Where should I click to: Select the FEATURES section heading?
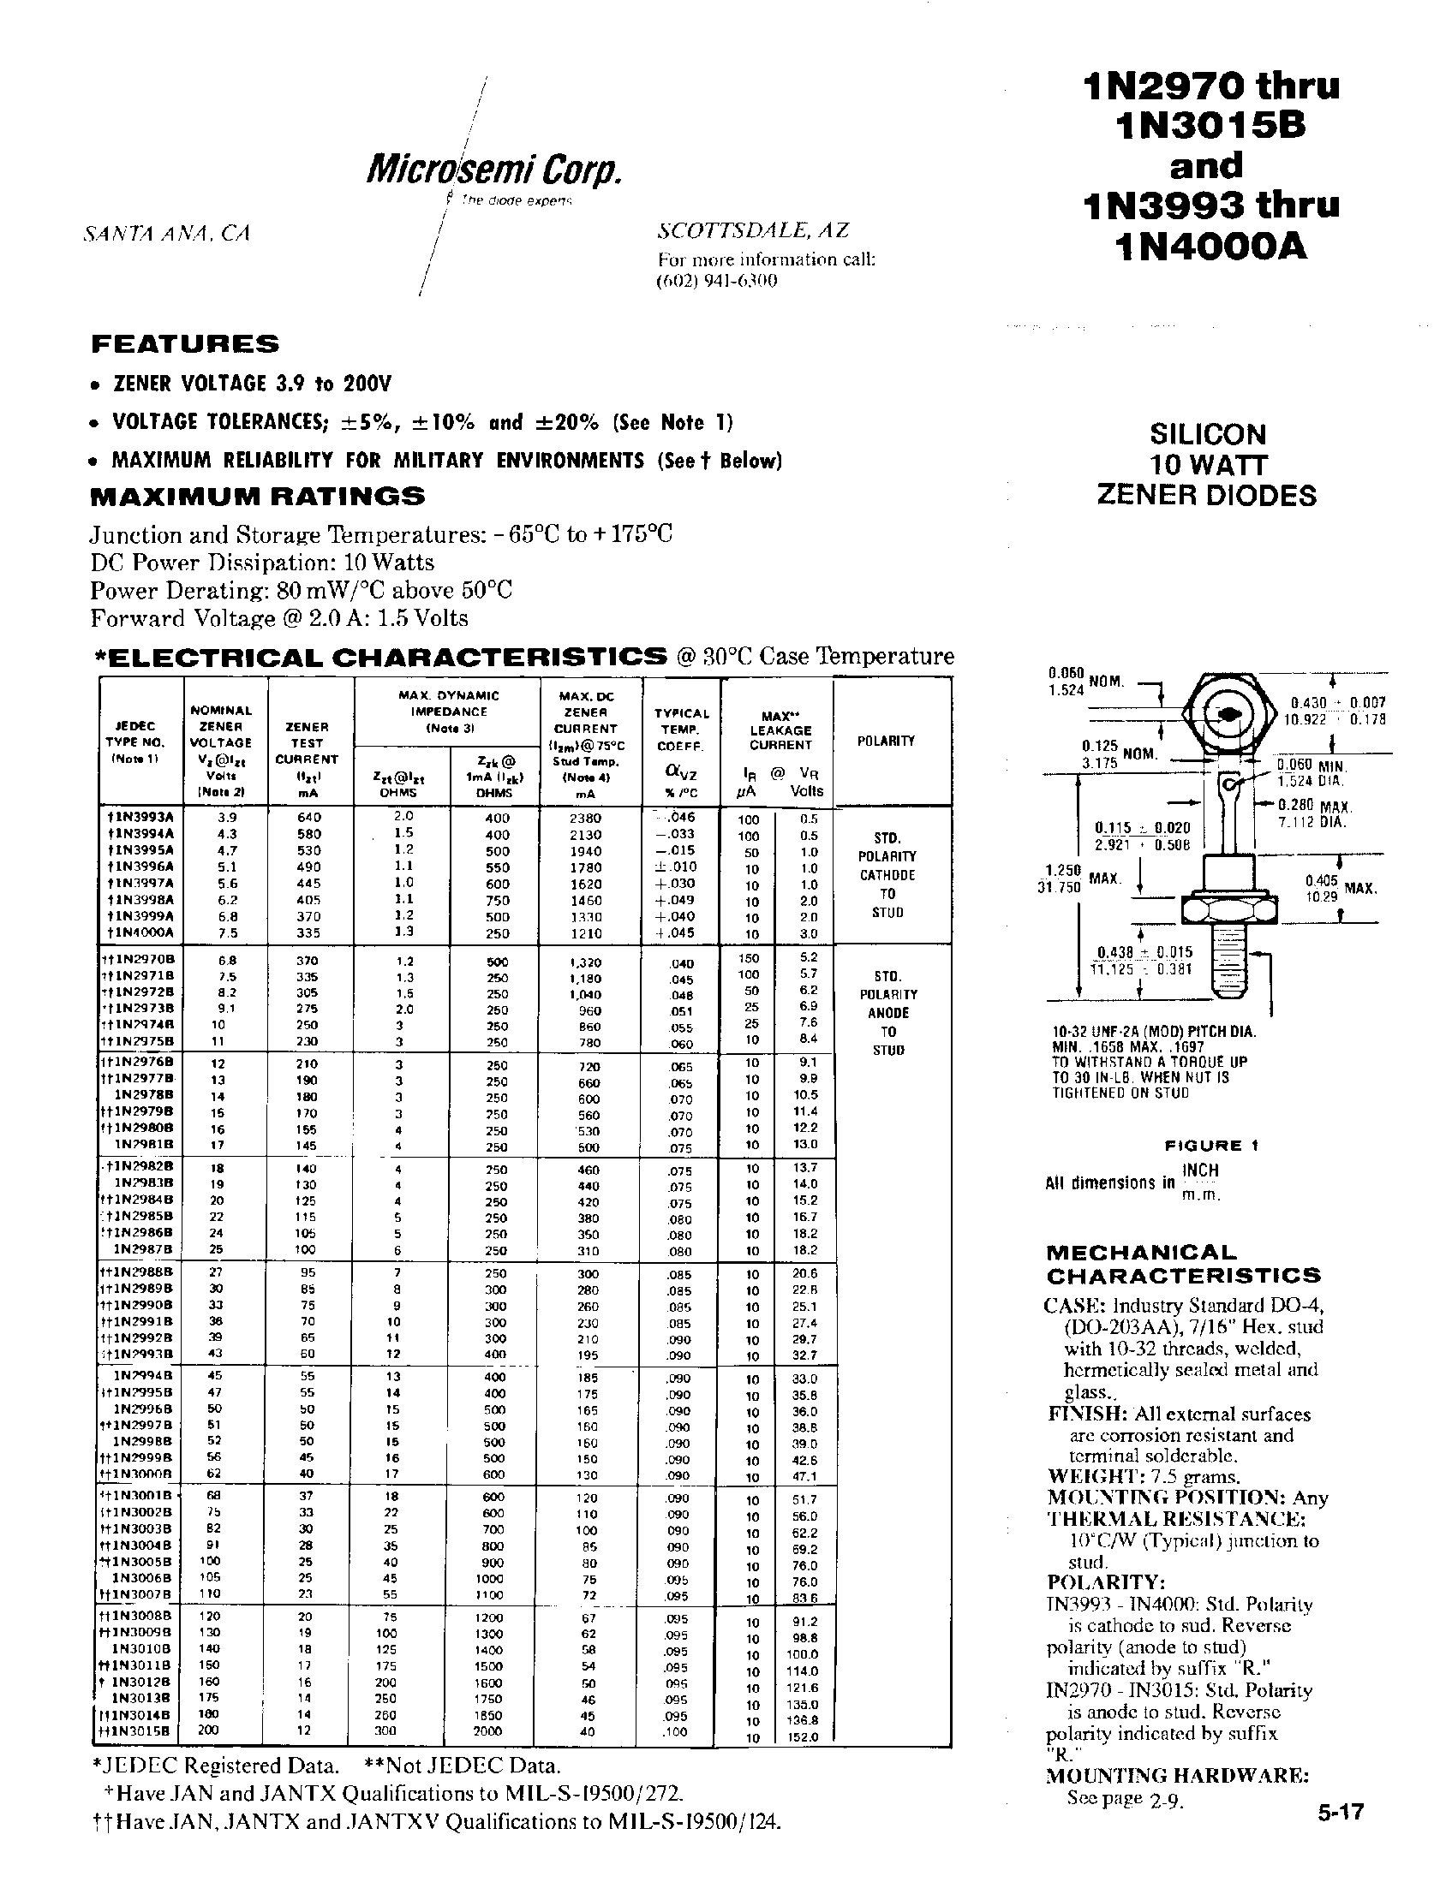185,344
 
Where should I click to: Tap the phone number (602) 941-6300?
716,281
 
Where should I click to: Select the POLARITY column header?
886,741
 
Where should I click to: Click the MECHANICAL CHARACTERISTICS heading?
1182,1264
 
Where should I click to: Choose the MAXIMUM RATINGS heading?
258,496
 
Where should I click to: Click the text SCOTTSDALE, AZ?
753,230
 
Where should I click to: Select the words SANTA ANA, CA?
167,234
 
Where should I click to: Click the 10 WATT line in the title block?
1207,465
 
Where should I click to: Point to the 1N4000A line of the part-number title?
1209,247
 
